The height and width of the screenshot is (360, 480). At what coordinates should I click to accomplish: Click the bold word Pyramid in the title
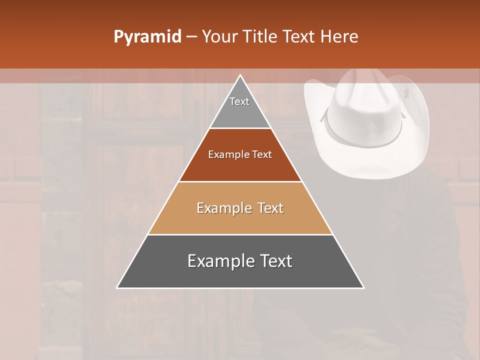coord(147,37)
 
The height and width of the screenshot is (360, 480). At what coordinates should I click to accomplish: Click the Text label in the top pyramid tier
coord(239,101)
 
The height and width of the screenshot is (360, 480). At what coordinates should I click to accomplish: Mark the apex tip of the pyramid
coord(240,75)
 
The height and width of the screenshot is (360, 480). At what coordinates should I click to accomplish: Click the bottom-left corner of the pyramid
coord(117,287)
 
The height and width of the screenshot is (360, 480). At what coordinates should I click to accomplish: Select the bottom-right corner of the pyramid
coord(363,287)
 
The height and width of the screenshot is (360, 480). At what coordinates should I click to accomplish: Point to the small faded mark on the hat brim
coord(407,92)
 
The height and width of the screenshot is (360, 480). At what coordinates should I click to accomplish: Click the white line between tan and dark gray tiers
coord(240,234)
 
